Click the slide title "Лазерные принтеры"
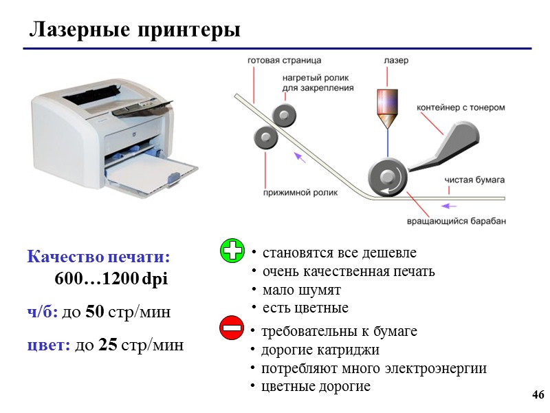pos(135,30)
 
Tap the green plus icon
pos(232,251)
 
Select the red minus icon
pos(232,328)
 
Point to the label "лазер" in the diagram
pos(395,61)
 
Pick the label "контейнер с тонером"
pos(461,107)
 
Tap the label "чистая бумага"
pos(474,180)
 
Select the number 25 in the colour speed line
pos(108,345)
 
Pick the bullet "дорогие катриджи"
pos(320,350)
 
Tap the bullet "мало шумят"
pos(301,290)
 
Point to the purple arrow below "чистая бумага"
pos(449,205)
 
